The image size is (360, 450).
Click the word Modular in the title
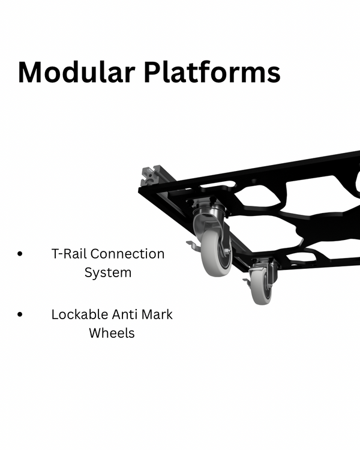77,73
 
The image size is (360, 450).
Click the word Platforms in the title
212,73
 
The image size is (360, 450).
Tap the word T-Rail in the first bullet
70,254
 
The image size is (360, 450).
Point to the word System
108,272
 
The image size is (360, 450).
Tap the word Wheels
112,332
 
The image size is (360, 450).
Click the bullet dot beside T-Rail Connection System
22,254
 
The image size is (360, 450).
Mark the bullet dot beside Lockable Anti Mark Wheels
22,314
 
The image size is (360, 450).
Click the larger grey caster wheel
216,253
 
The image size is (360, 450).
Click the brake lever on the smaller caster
247,281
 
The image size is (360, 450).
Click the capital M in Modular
32,73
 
